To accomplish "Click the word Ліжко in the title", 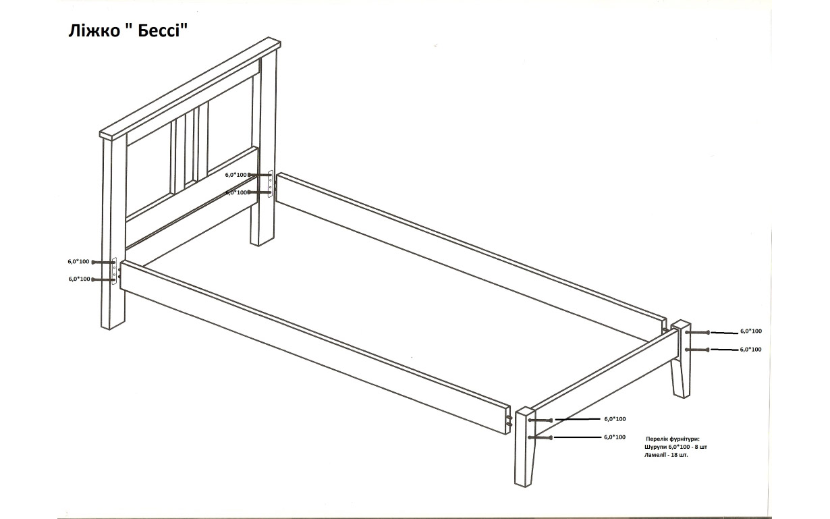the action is (x=94, y=31).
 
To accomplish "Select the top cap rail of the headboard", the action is (x=190, y=88).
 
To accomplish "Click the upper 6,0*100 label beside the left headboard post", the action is (x=78, y=261).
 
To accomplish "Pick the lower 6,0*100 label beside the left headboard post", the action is (x=80, y=279).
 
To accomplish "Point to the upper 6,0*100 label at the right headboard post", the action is (x=236, y=175).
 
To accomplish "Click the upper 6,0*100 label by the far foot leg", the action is (x=751, y=331).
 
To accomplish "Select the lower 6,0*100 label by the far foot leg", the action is (x=750, y=349).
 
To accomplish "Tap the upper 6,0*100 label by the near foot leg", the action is (x=615, y=419).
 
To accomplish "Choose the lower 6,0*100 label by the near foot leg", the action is (x=615, y=437).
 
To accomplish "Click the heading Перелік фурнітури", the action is (x=673, y=439).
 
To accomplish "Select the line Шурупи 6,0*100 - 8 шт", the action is (x=676, y=447).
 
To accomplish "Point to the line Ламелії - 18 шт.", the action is (x=666, y=455).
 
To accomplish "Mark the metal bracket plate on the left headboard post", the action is (x=115, y=271).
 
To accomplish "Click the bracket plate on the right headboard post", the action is (x=271, y=184).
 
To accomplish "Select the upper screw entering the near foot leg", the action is (x=541, y=420).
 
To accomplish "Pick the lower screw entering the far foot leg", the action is (x=697, y=350).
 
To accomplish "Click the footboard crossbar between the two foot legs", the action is (x=605, y=382).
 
